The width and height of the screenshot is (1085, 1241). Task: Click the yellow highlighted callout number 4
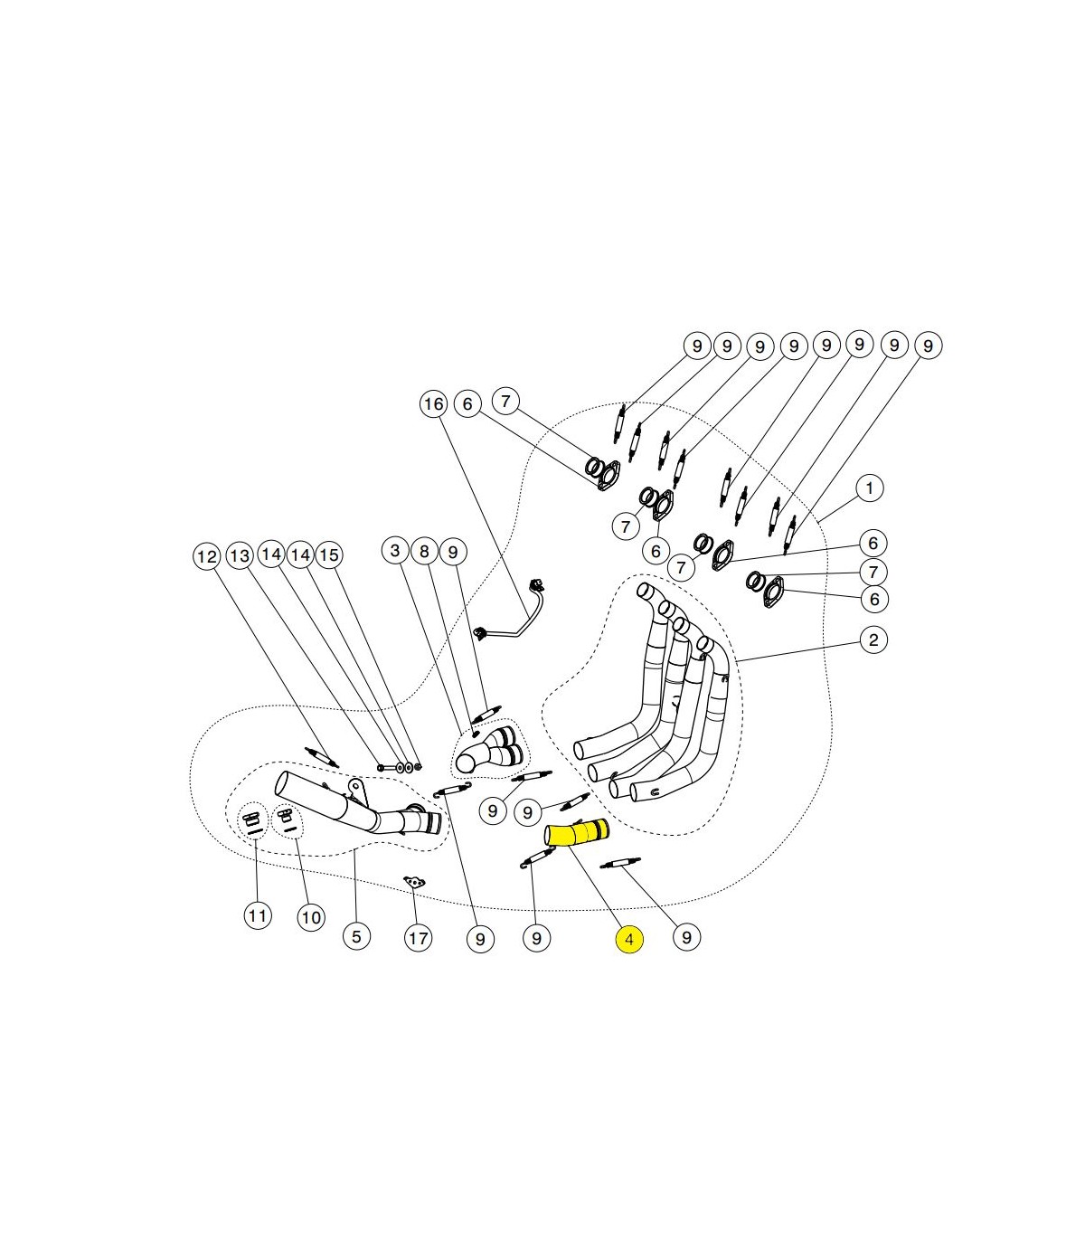click(628, 940)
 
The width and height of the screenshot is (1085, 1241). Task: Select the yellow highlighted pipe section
click(576, 833)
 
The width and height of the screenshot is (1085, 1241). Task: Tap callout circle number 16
click(433, 404)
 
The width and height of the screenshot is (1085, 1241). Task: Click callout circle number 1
click(870, 488)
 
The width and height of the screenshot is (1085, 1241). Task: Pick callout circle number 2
click(873, 639)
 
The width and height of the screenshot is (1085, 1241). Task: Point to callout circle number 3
click(395, 551)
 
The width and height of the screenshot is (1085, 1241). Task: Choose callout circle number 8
click(424, 552)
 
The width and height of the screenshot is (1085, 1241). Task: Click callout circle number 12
click(207, 557)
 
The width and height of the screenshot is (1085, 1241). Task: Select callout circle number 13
click(240, 555)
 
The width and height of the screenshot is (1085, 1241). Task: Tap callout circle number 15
click(328, 555)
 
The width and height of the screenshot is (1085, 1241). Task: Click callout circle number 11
click(258, 916)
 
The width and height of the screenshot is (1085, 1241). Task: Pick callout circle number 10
click(311, 917)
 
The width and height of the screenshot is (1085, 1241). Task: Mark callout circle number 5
click(356, 936)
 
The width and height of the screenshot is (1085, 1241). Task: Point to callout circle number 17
click(419, 939)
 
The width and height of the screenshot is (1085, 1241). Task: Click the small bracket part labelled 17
click(414, 882)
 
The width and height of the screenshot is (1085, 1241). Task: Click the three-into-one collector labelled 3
click(490, 750)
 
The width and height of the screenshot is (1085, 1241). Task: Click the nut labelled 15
click(418, 767)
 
